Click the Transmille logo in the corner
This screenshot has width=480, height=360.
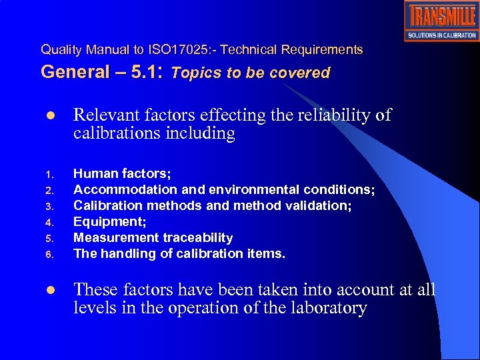[x=441, y=21]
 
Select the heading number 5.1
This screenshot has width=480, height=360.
[x=146, y=72]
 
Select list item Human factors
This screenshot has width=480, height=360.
[x=122, y=173]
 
